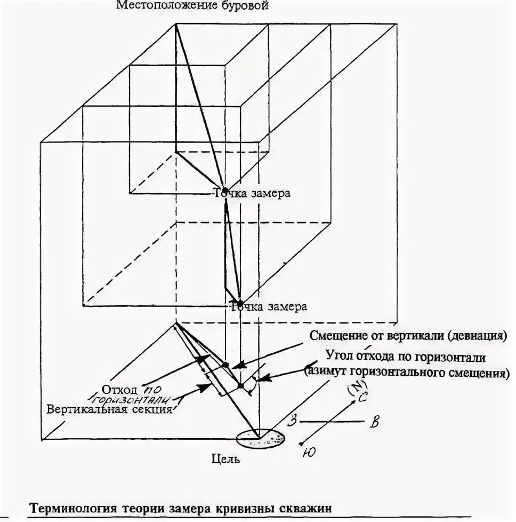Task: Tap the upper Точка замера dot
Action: [x=225, y=191]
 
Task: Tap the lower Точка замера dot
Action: [x=240, y=304]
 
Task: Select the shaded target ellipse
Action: [x=261, y=439]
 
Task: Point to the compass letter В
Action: [x=374, y=424]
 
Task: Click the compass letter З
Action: [x=292, y=419]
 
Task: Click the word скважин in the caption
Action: [x=309, y=508]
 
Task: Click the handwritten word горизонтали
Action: [x=131, y=398]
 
